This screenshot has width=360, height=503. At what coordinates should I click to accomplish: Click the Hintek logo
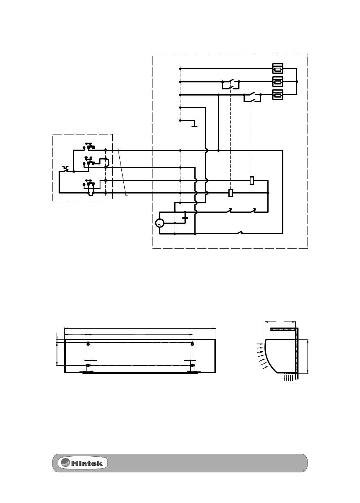click(84, 463)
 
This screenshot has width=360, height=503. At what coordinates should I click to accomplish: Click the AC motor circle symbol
click(159, 223)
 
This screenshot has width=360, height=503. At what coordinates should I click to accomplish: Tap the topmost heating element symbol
click(278, 68)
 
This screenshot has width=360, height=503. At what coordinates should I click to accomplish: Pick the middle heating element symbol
click(278, 82)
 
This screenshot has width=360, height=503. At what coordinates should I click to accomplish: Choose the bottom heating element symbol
click(278, 95)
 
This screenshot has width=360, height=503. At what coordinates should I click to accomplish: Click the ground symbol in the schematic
click(194, 124)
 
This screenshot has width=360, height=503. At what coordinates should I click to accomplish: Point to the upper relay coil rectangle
click(252, 180)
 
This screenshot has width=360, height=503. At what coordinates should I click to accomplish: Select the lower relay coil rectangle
click(231, 192)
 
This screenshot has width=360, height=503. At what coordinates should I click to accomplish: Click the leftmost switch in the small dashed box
click(66, 169)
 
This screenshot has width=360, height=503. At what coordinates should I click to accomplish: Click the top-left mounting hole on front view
click(88, 343)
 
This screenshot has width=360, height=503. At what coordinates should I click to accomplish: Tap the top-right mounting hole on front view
click(192, 343)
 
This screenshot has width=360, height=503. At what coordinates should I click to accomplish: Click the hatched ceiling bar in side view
click(283, 329)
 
